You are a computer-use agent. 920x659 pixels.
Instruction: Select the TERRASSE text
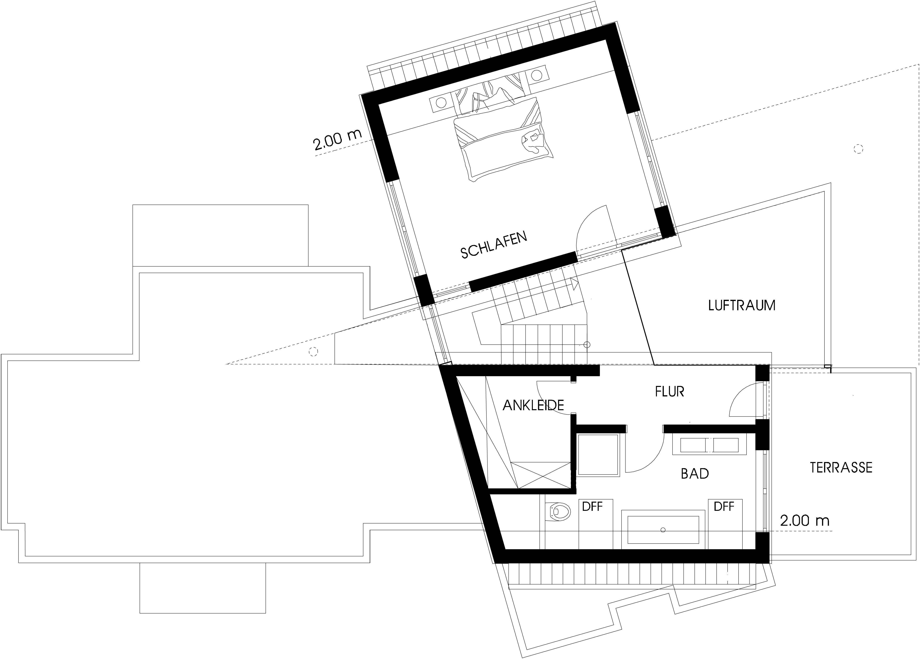[841, 467]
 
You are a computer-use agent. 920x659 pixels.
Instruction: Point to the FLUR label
[670, 391]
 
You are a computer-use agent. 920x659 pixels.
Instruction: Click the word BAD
[695, 473]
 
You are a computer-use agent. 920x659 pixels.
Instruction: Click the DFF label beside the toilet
[592, 506]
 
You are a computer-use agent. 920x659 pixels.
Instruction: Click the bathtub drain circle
[663, 529]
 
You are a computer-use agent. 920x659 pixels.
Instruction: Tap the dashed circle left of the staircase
[313, 352]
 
